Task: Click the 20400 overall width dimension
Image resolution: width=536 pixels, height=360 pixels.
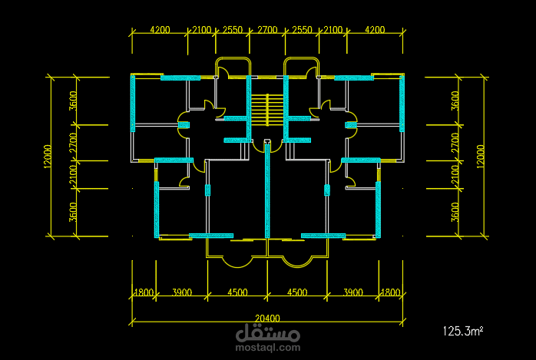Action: click(x=267, y=319)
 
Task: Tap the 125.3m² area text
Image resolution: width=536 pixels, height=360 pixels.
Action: click(x=463, y=331)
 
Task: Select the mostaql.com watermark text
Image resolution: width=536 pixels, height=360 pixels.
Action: click(x=268, y=348)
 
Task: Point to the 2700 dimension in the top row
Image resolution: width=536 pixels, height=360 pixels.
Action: click(x=267, y=30)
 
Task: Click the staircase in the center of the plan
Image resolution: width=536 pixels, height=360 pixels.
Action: click(x=267, y=110)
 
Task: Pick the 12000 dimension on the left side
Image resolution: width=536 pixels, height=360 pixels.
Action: click(x=48, y=156)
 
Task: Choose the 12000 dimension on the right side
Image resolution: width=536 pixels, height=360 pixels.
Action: click(x=480, y=156)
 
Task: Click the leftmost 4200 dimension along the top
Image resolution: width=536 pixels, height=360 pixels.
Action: click(x=160, y=30)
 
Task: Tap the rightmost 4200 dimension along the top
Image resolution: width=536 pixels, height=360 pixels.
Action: click(x=375, y=30)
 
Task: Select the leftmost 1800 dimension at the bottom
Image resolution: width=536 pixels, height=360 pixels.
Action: click(x=144, y=292)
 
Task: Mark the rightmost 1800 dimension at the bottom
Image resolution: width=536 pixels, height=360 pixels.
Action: click(x=390, y=292)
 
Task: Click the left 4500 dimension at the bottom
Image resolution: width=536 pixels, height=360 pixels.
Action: click(x=237, y=292)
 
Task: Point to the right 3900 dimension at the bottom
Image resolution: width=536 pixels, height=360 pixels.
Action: click(x=353, y=292)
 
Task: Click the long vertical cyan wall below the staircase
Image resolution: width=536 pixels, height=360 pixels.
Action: click(x=267, y=190)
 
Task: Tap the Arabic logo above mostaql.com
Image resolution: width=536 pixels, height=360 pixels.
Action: click(x=268, y=332)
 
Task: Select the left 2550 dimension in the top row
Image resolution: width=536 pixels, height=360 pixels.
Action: click(x=233, y=30)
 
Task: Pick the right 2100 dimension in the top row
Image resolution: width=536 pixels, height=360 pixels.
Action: click(x=333, y=30)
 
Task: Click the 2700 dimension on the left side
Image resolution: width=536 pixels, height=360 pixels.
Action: click(x=73, y=143)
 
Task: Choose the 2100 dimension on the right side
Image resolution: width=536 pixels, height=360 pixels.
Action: click(x=455, y=175)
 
